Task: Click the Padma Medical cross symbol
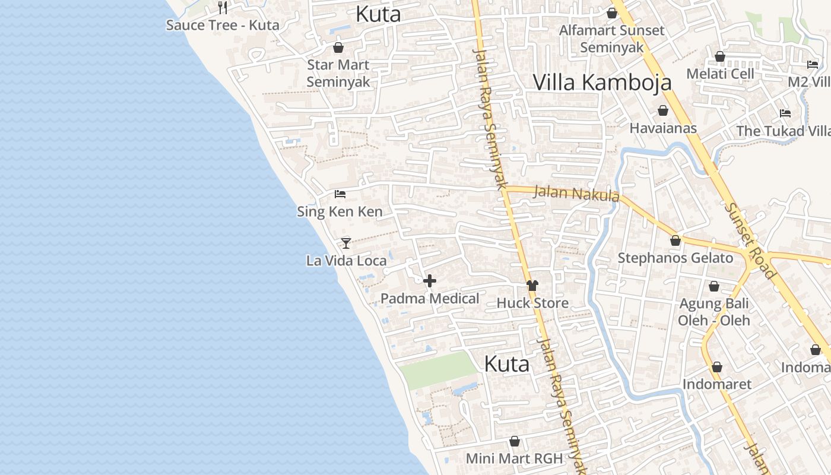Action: coord(430,281)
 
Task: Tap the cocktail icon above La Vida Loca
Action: coord(346,243)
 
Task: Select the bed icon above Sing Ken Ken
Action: coord(340,194)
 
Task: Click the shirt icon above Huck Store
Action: coord(532,286)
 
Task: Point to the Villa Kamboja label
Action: coord(602,83)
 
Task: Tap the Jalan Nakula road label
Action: coord(576,194)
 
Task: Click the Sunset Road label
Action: coord(750,239)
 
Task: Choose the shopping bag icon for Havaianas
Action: coord(663,111)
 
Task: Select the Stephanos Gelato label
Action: coord(675,258)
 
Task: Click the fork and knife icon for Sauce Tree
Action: coord(223,8)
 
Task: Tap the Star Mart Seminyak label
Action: coord(338,73)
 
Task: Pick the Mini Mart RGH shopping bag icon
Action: coord(515,442)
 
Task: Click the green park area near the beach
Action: coord(438,369)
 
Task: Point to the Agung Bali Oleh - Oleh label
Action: coord(714,312)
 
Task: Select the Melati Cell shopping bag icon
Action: coord(720,57)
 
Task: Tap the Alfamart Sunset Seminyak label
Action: coord(612,39)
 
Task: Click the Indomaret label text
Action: coord(716,384)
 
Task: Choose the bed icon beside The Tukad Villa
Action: coord(785,113)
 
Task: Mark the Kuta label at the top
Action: coord(378,14)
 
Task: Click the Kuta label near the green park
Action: coord(506,364)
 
